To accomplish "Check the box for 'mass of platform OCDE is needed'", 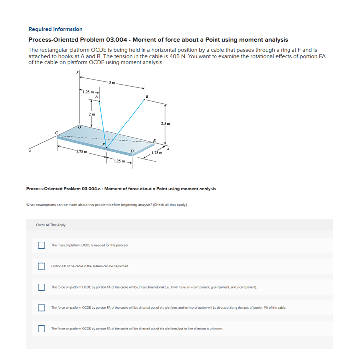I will pos(42,245).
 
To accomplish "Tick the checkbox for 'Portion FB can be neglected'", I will pos(42,266).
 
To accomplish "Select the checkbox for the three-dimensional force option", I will pos(42,287).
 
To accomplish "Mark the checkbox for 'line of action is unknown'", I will pos(42,328).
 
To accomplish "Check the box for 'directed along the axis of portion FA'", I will pos(42,307).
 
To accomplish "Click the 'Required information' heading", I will pos(56,29).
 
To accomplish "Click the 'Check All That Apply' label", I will pos(51,225).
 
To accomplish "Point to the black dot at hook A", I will pos(99,101).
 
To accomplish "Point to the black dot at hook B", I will pos(144,100).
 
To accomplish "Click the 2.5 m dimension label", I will pos(166,123).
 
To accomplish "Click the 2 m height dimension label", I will pos(91,115).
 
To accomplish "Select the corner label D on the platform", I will pos(132,151).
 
